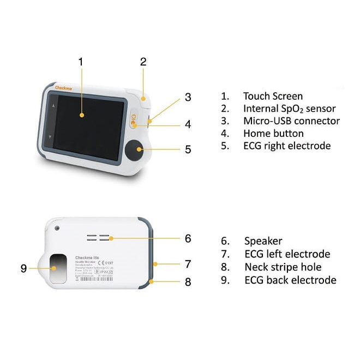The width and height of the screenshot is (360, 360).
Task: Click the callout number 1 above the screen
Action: click(x=81, y=61)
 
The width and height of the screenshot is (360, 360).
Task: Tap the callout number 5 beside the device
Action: click(x=188, y=149)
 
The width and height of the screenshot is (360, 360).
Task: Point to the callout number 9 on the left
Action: click(x=23, y=268)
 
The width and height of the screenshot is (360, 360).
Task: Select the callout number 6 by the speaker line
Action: click(x=188, y=238)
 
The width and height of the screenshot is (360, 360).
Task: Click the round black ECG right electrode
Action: click(x=134, y=149)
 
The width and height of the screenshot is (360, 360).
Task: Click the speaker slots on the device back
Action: click(x=99, y=238)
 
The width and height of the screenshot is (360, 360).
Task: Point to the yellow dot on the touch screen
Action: click(x=81, y=115)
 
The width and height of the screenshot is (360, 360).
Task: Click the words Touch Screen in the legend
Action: click(x=273, y=97)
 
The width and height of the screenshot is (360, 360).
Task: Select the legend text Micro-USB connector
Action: click(x=291, y=121)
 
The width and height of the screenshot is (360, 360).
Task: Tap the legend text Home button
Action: click(x=273, y=133)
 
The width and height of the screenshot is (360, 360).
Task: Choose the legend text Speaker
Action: click(x=263, y=241)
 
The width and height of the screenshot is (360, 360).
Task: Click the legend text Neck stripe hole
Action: click(x=283, y=267)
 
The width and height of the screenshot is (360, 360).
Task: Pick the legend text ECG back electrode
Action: click(x=290, y=280)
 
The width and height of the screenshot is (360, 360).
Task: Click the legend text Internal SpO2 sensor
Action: click(x=289, y=109)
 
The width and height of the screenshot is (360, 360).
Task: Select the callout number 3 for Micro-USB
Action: click(x=188, y=98)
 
